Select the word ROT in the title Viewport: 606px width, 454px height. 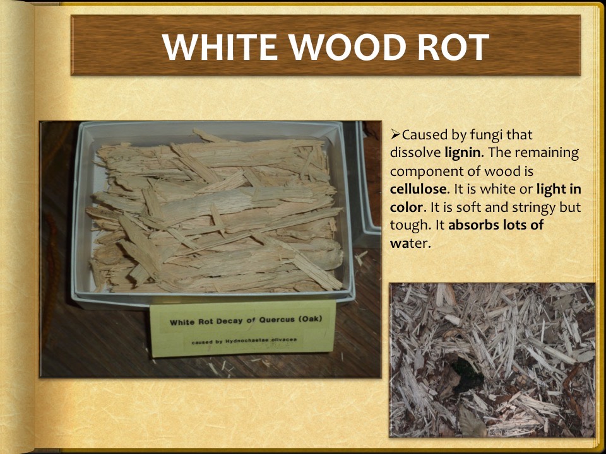click(x=451, y=46)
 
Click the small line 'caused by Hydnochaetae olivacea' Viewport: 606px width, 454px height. click(x=244, y=340)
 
